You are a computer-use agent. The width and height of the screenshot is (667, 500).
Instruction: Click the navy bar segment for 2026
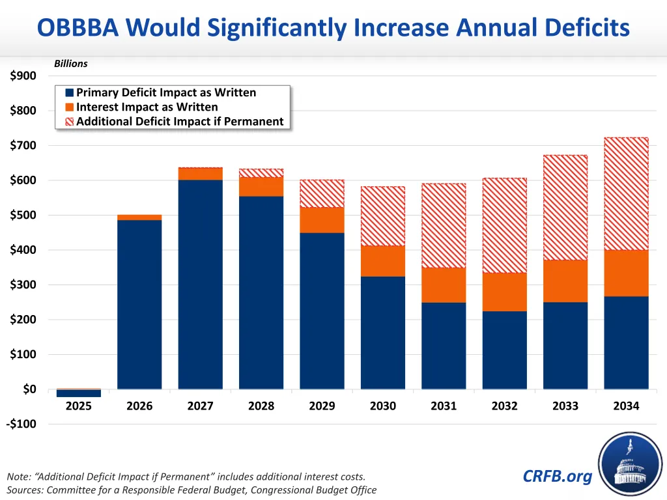[x=139, y=304]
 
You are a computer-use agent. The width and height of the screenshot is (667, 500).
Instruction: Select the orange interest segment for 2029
[x=322, y=220]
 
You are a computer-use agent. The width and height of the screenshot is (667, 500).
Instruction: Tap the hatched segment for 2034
[x=626, y=193]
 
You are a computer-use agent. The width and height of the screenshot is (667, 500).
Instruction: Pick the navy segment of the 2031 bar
[x=444, y=346]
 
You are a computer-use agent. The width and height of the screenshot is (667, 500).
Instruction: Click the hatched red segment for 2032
[x=504, y=225]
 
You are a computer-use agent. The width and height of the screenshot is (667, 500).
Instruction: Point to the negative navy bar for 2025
[x=79, y=393]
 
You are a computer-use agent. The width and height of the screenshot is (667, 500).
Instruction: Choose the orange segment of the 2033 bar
[x=565, y=281]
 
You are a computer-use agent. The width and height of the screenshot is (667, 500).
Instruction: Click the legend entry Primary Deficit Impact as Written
[x=165, y=92]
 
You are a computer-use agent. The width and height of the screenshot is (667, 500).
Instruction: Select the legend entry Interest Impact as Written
[x=147, y=107]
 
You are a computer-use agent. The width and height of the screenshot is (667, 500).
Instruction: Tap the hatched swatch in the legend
[x=70, y=122]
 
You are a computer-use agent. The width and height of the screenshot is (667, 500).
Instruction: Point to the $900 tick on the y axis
[x=23, y=76]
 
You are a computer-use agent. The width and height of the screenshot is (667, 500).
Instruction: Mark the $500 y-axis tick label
[x=23, y=215]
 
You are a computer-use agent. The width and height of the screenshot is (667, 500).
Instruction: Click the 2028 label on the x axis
[x=261, y=406]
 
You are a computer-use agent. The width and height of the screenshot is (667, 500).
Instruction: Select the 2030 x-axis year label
[x=383, y=406]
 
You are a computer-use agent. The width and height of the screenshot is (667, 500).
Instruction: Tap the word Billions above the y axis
[x=70, y=64]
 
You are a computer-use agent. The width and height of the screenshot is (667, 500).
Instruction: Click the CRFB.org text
[x=558, y=477]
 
